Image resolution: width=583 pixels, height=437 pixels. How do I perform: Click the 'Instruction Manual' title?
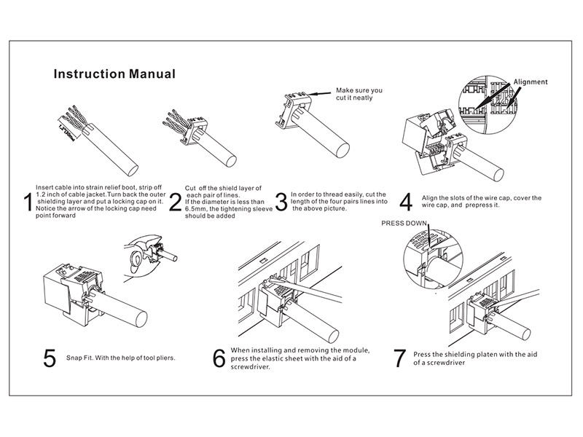pyautogui.click(x=114, y=74)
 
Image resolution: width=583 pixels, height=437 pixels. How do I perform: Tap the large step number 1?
pyautogui.click(x=28, y=202)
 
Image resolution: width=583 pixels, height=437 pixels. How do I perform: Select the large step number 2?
pyautogui.click(x=175, y=202)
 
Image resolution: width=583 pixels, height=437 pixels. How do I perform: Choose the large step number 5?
pyautogui.click(x=50, y=358)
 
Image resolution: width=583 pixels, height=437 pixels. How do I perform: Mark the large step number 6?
pyautogui.click(x=219, y=358)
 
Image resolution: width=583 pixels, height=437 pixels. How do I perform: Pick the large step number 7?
pyautogui.click(x=399, y=358)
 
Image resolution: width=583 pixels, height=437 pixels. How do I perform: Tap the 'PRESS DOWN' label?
pyautogui.click(x=407, y=224)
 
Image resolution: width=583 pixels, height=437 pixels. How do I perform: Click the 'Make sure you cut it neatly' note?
pyautogui.click(x=359, y=95)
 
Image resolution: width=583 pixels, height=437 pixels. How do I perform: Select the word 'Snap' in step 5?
pyautogui.click(x=84, y=358)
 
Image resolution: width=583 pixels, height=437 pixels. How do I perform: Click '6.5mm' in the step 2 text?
pyautogui.click(x=195, y=209)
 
